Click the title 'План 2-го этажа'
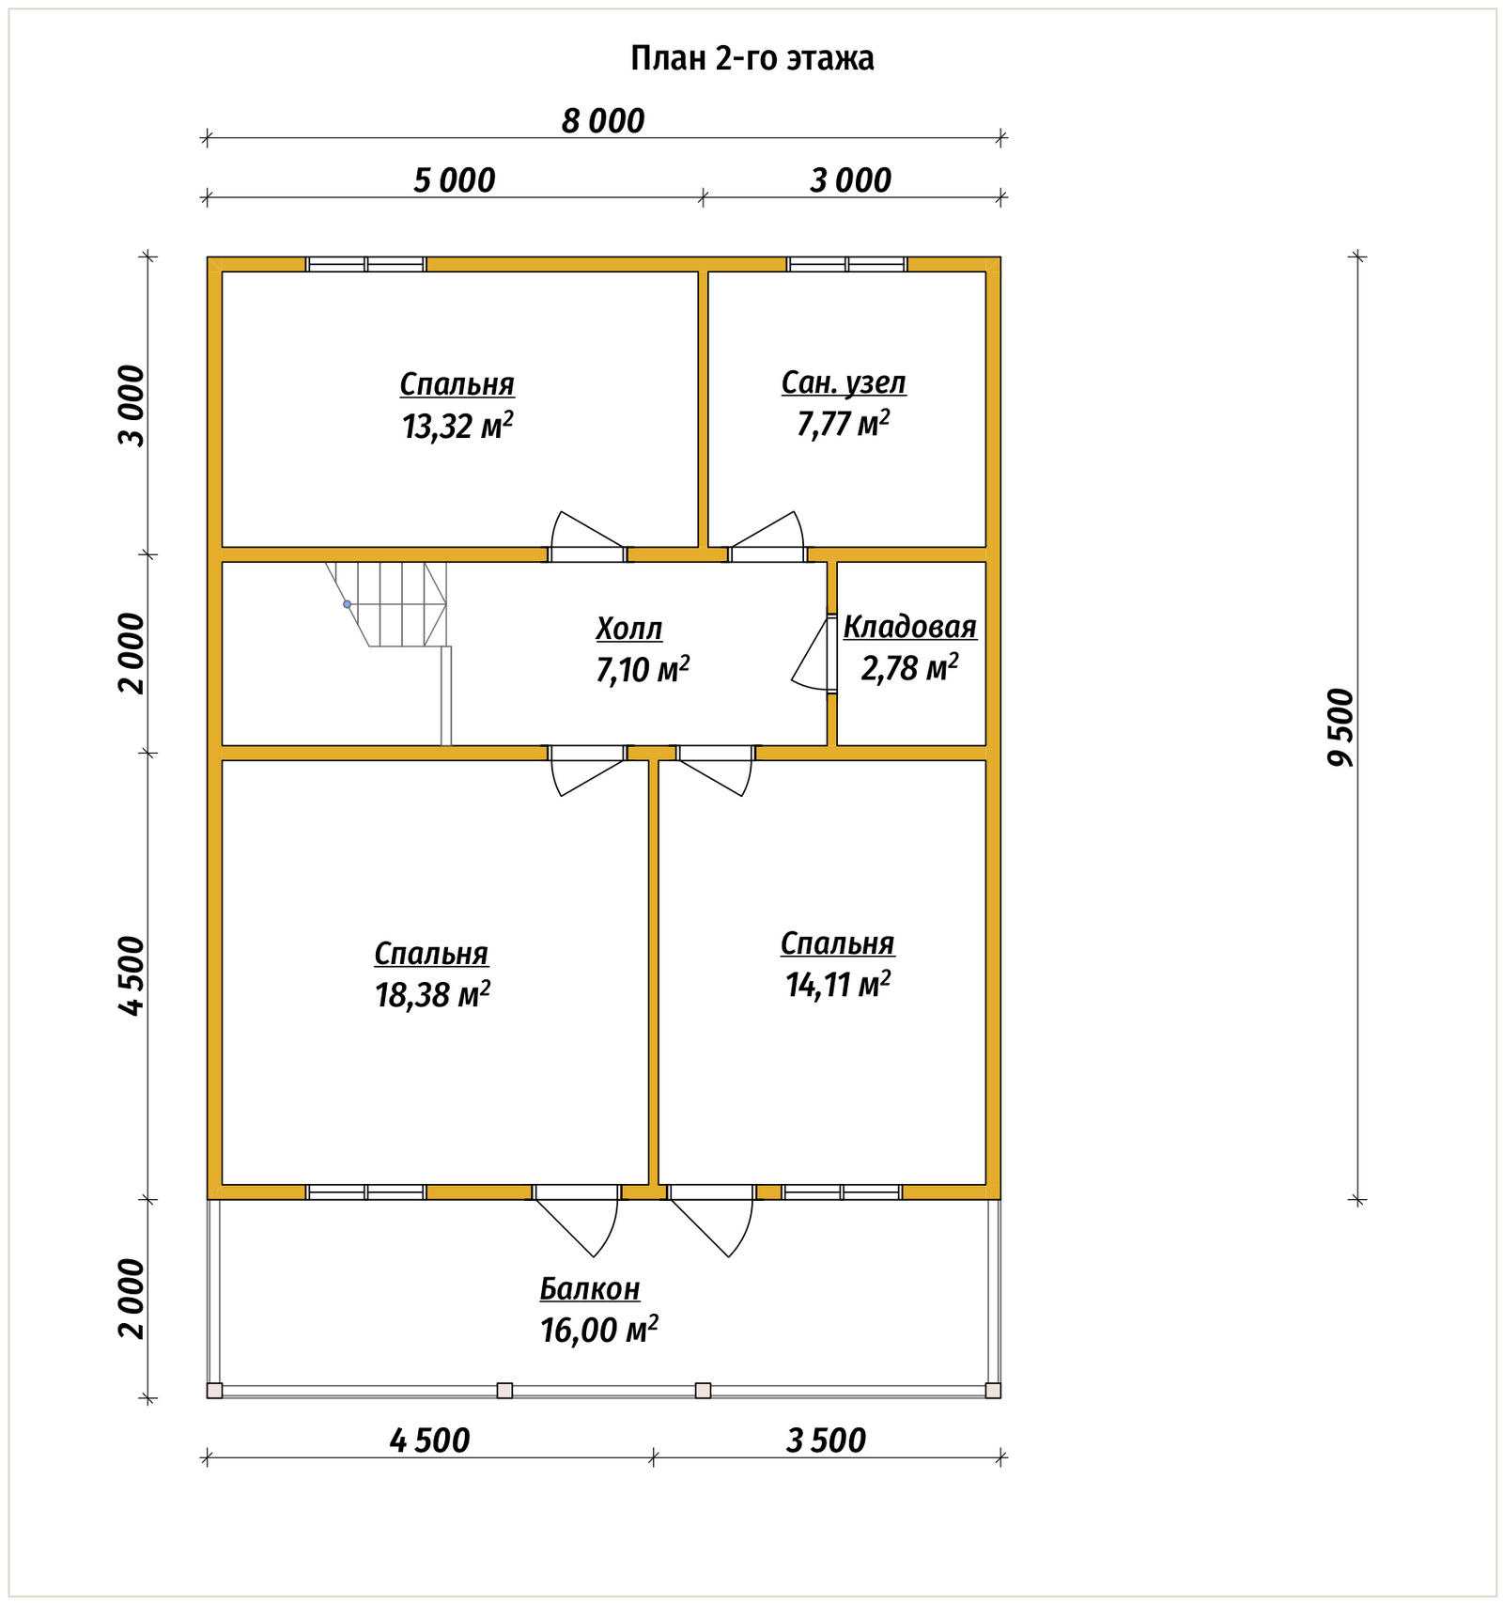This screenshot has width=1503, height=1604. tap(751, 58)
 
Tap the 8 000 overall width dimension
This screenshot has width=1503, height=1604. tap(603, 121)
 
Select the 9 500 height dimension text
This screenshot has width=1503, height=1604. tap(1341, 727)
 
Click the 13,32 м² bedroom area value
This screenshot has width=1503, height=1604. tap(457, 426)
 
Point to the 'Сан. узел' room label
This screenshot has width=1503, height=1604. tap(844, 382)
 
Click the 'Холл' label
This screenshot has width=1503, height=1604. tap(629, 628)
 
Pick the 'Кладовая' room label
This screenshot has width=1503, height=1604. tap(910, 627)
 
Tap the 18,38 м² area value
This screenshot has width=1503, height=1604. tap(432, 994)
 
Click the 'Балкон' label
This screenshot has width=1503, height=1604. tap(590, 1288)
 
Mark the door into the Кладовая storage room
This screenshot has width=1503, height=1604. tap(814, 653)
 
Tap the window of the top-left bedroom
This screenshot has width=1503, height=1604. tap(366, 264)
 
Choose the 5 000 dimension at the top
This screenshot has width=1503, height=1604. tap(455, 180)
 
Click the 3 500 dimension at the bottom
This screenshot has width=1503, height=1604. tap(826, 1440)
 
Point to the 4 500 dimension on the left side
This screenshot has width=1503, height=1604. tap(132, 975)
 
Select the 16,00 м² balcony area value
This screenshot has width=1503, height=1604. tap(598, 1330)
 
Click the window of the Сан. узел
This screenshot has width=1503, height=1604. tap(847, 264)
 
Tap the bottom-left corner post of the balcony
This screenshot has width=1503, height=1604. tap(214, 1391)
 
